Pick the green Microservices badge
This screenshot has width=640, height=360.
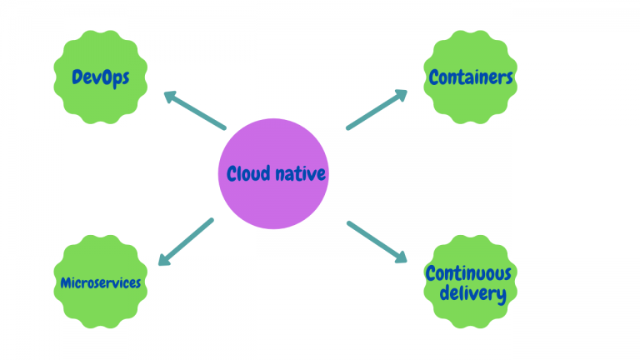pos(101,282)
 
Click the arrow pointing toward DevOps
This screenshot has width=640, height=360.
pos(195,110)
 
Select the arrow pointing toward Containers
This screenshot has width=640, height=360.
pos(377,110)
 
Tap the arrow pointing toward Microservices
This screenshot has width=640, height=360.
pos(186,242)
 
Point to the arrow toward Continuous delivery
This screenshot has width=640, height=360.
pos(377,242)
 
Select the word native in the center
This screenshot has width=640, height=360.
pos(299,174)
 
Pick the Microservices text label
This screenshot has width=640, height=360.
pos(101,282)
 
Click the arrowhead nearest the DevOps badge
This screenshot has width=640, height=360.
pos(171,97)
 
